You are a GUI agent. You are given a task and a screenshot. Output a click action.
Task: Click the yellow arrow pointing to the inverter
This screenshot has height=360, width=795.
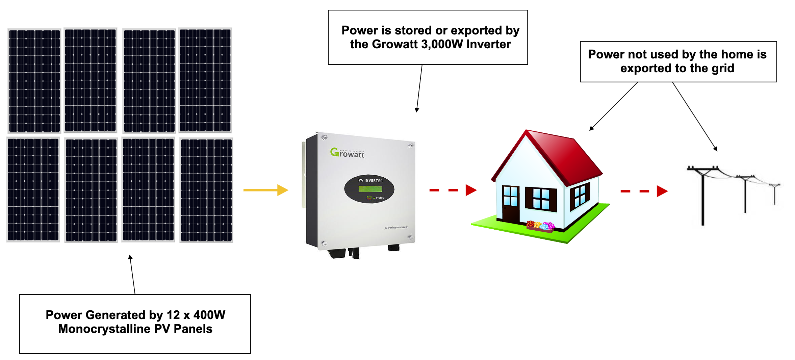point(265,190)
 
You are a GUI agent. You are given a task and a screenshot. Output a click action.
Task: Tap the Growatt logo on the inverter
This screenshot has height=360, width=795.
point(347,153)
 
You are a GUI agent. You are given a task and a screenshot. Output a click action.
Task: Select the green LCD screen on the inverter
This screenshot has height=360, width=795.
point(370,189)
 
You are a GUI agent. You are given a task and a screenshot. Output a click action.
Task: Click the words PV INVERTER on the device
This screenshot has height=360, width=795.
point(370,181)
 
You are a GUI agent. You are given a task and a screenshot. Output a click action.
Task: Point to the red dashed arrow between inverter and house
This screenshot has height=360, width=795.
point(453,190)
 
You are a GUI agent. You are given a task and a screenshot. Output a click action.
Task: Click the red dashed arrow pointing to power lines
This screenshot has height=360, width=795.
point(644,191)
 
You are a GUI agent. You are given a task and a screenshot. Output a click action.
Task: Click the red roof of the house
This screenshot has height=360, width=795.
point(564,155)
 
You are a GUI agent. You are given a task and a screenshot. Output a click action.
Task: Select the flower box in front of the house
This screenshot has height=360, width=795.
point(540,227)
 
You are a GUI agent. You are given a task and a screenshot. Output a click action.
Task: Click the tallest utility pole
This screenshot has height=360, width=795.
point(703,196)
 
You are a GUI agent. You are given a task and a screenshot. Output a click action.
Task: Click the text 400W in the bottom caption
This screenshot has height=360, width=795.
point(209,315)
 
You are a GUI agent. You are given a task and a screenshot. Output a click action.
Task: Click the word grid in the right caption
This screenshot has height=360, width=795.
point(723,69)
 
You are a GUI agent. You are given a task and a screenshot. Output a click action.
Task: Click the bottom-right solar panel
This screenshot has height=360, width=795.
point(206,190)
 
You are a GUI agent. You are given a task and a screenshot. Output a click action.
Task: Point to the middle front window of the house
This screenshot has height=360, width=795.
point(541,199)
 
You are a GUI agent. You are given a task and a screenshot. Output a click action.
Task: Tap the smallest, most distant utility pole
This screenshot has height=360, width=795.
point(775,194)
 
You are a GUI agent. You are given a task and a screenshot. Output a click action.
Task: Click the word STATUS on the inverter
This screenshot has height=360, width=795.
point(380,198)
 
